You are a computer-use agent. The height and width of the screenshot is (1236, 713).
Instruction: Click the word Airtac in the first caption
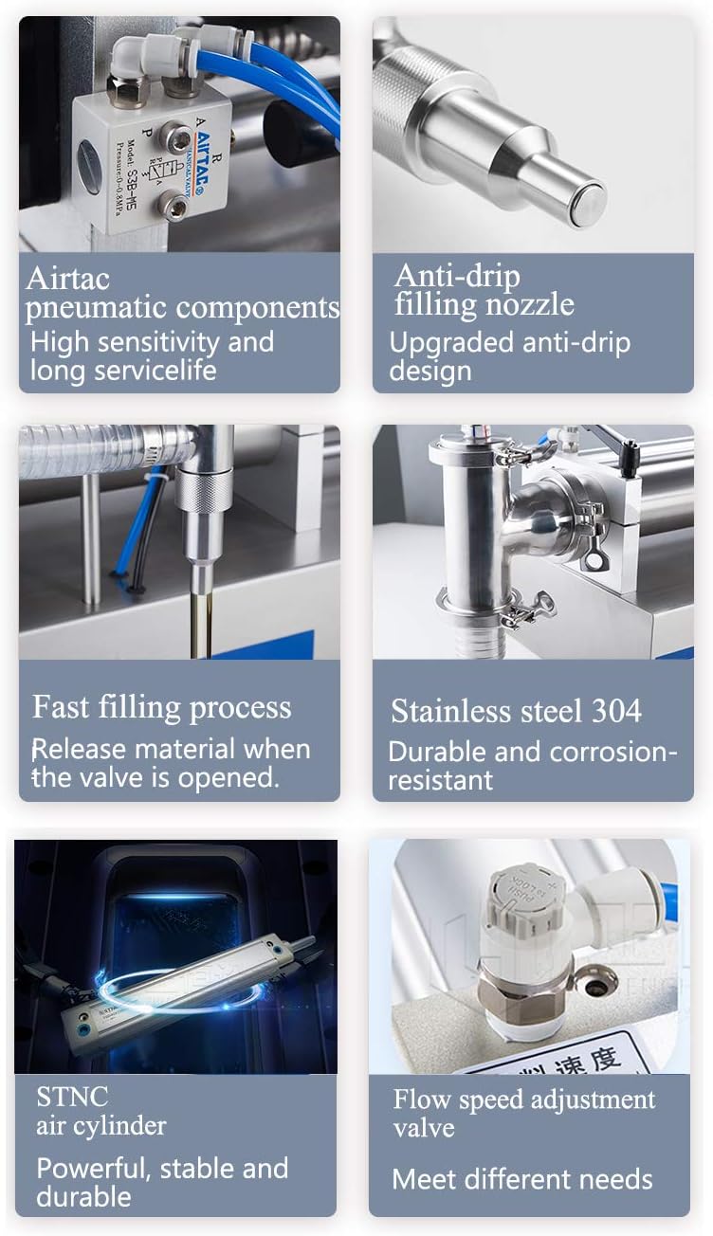click(x=67, y=279)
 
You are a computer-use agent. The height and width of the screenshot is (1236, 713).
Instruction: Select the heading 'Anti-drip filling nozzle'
click(x=484, y=290)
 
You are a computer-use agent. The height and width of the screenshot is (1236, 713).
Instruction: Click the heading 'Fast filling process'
click(x=161, y=707)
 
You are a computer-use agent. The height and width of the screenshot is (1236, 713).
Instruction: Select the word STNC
click(x=72, y=1097)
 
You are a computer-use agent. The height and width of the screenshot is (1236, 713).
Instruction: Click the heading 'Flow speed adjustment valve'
click(x=523, y=1113)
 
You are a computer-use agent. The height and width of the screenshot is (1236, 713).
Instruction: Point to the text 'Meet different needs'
click(x=521, y=1179)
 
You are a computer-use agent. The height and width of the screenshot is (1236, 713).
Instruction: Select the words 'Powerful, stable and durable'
click(x=161, y=1182)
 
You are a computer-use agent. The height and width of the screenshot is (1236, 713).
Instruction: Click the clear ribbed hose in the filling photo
click(x=104, y=445)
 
